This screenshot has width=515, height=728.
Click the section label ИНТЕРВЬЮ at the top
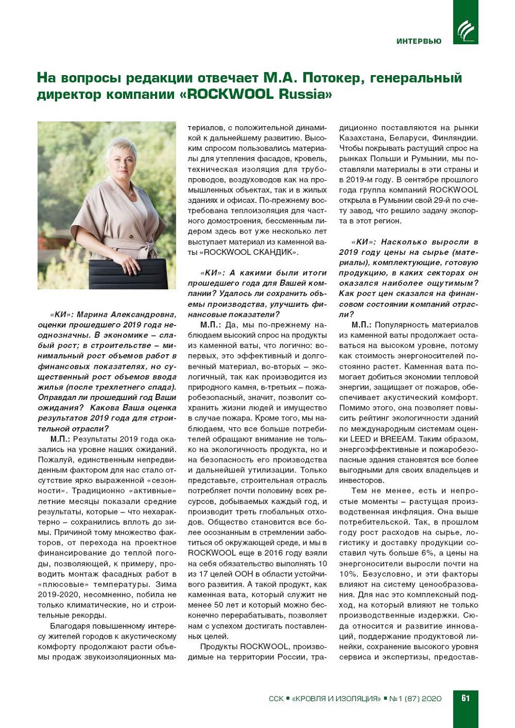(419, 41)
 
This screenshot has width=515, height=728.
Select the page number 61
(465, 698)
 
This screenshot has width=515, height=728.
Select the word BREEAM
(398, 439)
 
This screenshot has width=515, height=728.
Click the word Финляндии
(455, 138)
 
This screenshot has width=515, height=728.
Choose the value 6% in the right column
(428, 553)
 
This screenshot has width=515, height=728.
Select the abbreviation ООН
(254, 574)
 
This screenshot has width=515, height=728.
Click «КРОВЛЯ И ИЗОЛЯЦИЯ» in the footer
(336, 699)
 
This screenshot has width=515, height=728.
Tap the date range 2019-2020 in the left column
(59, 594)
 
